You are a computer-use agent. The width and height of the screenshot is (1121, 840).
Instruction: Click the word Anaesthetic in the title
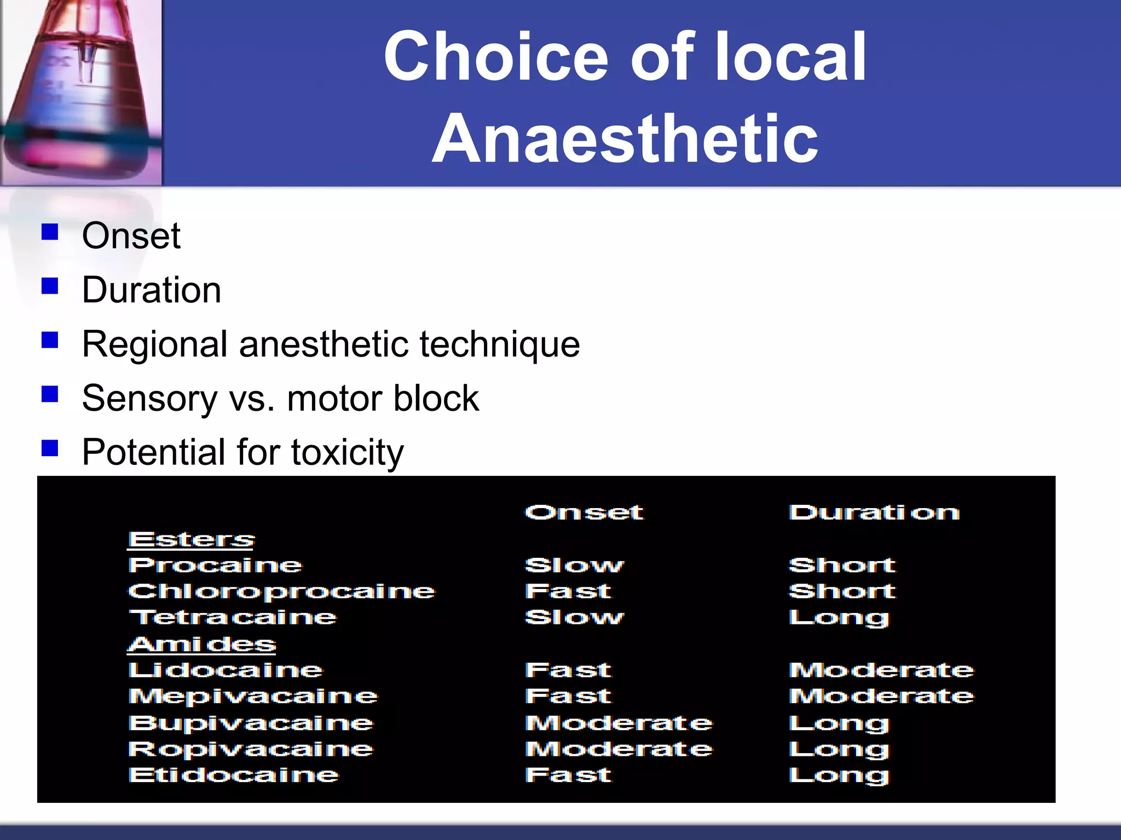click(x=625, y=138)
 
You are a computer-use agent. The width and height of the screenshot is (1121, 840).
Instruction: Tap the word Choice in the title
click(x=495, y=56)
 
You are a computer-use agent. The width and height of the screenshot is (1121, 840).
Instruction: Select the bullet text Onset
click(x=131, y=236)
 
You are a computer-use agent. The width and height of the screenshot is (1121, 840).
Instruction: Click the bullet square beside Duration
click(x=50, y=286)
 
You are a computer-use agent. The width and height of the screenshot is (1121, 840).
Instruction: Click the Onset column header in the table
click(x=584, y=512)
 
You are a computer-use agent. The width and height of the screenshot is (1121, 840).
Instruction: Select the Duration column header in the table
click(x=874, y=512)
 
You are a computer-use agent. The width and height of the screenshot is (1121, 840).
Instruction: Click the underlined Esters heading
click(x=192, y=539)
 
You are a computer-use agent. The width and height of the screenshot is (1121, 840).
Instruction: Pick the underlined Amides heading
click(x=201, y=644)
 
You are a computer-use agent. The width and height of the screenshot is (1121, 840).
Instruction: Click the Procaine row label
click(x=215, y=565)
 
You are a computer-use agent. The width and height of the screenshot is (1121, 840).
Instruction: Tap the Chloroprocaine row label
click(x=281, y=591)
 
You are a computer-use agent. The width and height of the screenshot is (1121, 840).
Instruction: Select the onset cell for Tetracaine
click(x=574, y=617)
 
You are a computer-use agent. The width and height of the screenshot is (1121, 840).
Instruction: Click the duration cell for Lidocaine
click(x=881, y=670)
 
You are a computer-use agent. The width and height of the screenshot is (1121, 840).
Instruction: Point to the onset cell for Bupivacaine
click(x=619, y=723)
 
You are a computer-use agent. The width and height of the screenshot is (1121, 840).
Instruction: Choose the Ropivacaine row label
click(x=251, y=749)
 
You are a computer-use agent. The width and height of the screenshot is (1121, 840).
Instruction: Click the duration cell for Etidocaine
click(x=839, y=775)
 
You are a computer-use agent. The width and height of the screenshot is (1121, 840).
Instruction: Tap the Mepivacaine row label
click(x=253, y=696)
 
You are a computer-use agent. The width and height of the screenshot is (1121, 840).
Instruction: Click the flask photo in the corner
click(x=81, y=92)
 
